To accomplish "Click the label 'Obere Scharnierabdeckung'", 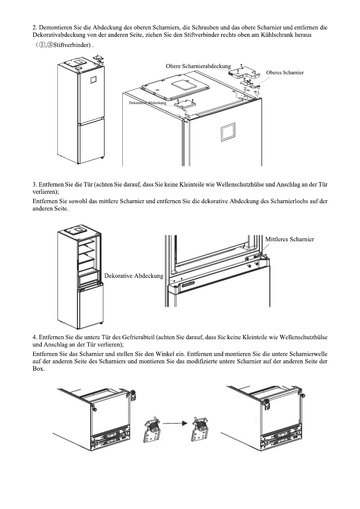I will point(198,66).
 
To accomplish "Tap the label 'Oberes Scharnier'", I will point(285,73).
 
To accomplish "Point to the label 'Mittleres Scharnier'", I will point(289,239).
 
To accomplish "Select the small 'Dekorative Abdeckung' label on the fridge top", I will point(148,103).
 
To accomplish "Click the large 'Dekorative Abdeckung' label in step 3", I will point(134,276).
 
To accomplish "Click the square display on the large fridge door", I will point(227,132).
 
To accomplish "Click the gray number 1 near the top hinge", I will point(258,92).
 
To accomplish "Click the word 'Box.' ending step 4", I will point(38,369).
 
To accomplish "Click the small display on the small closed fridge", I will point(93,79).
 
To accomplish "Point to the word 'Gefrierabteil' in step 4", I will point(139,337).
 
